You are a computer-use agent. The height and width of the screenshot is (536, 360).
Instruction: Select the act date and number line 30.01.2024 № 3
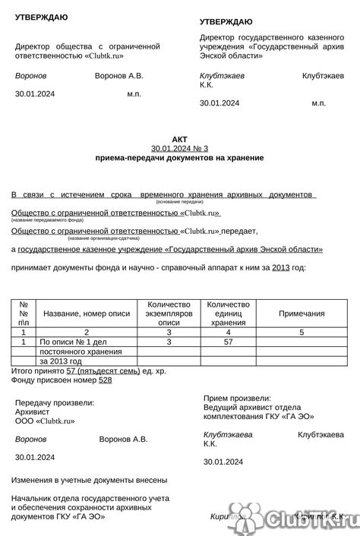click(179, 148)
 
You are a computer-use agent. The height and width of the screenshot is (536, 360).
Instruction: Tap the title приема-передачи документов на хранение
click(179, 158)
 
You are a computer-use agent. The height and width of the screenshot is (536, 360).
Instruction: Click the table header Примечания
click(302, 313)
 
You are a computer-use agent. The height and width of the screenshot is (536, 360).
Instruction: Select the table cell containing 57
click(229, 342)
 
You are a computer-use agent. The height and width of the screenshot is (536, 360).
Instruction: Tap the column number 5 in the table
click(302, 332)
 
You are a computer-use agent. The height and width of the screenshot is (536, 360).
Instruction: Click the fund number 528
click(105, 380)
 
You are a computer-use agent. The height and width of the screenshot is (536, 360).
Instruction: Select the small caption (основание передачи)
click(179, 202)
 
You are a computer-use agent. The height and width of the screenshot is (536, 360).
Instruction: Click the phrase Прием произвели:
click(237, 398)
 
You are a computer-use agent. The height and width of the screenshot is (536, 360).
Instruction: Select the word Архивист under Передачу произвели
click(32, 411)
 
